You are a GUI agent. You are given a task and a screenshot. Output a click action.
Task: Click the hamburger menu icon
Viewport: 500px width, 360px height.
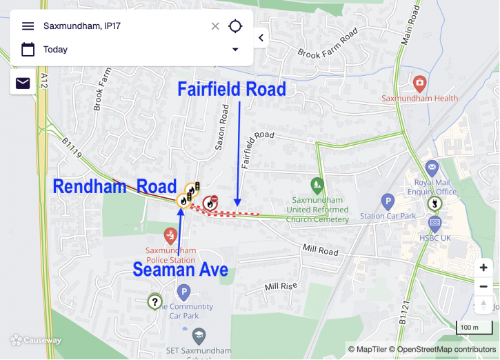coord(28,26)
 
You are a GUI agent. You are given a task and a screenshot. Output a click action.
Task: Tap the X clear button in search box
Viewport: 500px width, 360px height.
coord(215,26)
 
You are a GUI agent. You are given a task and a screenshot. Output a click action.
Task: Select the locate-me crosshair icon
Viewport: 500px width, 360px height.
coord(235,26)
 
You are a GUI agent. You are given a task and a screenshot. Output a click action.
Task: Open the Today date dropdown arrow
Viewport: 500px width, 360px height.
coord(235,50)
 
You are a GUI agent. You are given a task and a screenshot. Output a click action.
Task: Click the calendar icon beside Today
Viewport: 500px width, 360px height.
coord(28,50)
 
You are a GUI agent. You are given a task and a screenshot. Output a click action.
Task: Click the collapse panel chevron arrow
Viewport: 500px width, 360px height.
coord(261,38)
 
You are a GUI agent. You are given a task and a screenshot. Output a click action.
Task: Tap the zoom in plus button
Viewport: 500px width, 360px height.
coord(483,268)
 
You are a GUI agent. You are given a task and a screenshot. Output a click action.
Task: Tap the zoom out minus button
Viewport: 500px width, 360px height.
coord(483,286)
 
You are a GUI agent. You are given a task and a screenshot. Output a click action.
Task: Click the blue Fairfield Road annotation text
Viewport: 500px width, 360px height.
coord(232,90)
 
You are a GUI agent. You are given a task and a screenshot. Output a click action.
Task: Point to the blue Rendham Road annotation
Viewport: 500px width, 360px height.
coord(115,187)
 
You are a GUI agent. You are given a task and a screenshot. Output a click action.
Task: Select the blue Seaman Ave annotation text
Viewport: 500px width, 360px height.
coord(181,269)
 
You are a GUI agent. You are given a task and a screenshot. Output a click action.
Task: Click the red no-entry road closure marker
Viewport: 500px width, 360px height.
coord(210,202)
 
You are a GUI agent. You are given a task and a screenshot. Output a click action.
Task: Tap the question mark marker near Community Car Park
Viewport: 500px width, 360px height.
coord(155,301)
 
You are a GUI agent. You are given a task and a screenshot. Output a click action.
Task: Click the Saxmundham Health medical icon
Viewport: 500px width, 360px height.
coord(419,84)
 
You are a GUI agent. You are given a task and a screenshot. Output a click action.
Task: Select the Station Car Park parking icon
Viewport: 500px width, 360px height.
coord(388,201)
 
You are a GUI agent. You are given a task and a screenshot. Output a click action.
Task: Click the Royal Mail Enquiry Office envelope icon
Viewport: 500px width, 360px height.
coord(432,168)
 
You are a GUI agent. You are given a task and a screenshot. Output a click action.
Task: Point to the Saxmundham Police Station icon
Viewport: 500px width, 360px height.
coord(170,237)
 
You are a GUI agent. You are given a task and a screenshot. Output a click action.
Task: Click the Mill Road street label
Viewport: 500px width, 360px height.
coord(321,250)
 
